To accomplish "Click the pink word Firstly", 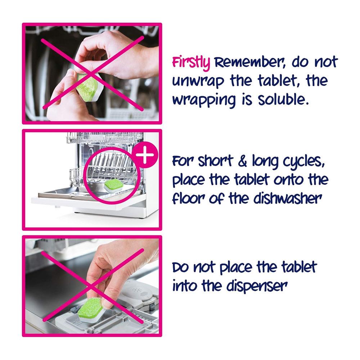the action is [x=191, y=63].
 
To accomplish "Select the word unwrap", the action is [x=198, y=81].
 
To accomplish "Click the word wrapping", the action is [x=204, y=101].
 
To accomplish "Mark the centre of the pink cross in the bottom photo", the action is [x=92, y=286].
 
